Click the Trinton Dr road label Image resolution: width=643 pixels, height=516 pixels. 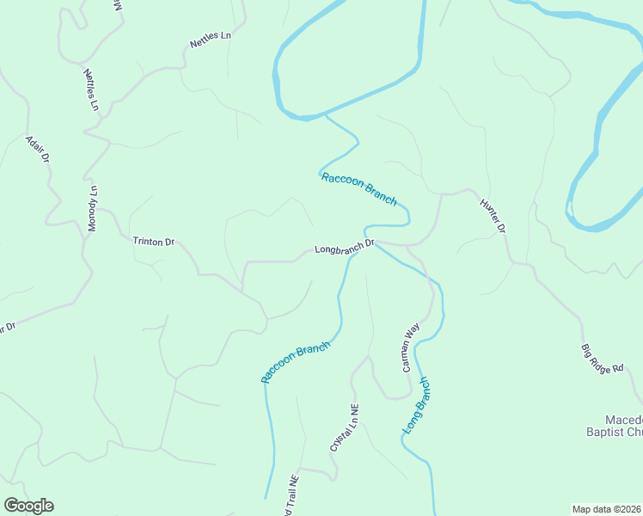[153, 242]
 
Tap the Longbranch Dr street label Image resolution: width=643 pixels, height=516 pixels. [345, 248]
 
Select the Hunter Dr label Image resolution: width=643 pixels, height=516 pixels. [493, 216]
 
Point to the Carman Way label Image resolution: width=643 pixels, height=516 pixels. [410, 347]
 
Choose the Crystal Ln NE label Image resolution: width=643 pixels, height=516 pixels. [344, 428]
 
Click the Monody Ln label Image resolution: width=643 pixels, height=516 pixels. [93, 209]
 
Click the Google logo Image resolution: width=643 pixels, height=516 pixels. [28, 506]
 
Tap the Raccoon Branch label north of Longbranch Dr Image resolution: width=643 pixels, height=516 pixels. [358, 188]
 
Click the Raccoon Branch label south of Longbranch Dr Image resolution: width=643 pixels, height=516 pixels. [296, 362]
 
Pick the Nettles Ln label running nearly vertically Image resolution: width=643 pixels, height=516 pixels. [91, 89]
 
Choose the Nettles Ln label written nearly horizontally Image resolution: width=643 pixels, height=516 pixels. [211, 40]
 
